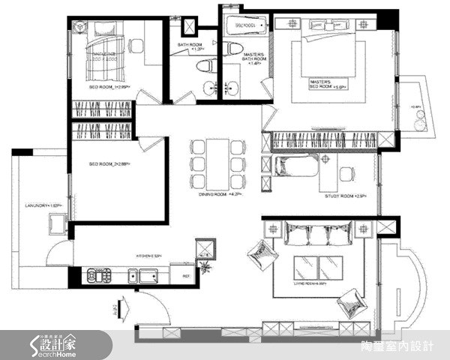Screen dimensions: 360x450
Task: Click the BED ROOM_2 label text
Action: pos(109,164)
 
